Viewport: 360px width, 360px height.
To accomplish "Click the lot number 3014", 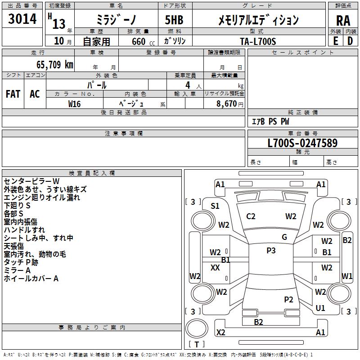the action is pyautogui.click(x=22, y=19).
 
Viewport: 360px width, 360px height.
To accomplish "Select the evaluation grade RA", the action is pyautogui.click(x=343, y=21).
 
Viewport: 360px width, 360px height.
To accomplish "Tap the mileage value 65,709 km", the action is pyautogui.click(x=55, y=65).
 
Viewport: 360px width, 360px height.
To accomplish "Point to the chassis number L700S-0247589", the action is pyautogui.click(x=302, y=143).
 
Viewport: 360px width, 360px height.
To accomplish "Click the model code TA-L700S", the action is pyautogui.click(x=258, y=41).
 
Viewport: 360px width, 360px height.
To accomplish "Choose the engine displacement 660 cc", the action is pyautogui.click(x=143, y=42).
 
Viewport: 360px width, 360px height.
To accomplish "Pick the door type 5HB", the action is pyautogui.click(x=174, y=20).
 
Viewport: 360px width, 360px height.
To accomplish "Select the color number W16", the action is pyautogui.click(x=74, y=104).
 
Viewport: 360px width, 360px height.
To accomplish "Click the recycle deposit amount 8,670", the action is pyautogui.click(x=226, y=104).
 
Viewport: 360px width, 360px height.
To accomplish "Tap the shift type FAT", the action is pyautogui.click(x=13, y=94).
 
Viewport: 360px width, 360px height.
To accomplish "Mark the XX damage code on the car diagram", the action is pyautogui.click(x=215, y=268).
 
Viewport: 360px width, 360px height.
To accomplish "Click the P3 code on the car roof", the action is pyautogui.click(x=271, y=251).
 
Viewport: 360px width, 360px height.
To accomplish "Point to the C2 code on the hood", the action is pyautogui.click(x=251, y=216).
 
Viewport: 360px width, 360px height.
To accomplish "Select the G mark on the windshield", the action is pyautogui.click(x=284, y=237).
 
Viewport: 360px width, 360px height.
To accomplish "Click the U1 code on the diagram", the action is pyautogui.click(x=320, y=308).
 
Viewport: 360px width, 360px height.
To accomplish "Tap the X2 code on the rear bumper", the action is pyautogui.click(x=221, y=333).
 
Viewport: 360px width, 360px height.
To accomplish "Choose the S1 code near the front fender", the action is pyautogui.click(x=215, y=206).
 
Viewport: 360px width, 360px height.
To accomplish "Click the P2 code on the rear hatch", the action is pyautogui.click(x=288, y=300).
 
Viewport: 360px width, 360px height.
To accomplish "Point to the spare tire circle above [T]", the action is pyautogui.click(x=197, y=328).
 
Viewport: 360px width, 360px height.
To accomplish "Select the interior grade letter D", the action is pyautogui.click(x=350, y=41).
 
